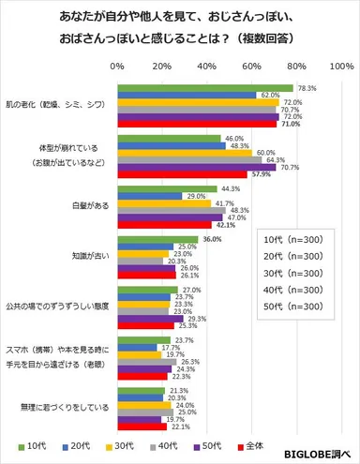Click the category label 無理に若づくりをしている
click(57, 408)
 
